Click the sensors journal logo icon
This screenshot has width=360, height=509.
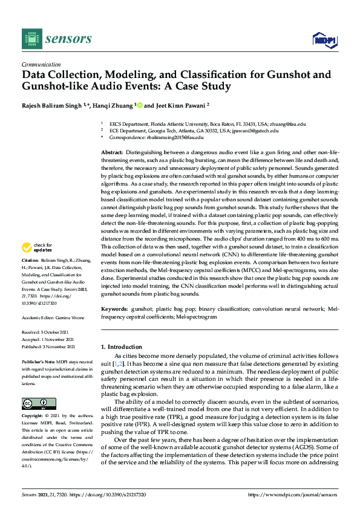30,39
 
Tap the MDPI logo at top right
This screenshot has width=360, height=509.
324,40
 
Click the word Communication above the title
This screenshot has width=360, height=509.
41,64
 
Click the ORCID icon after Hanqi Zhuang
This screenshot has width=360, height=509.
140,105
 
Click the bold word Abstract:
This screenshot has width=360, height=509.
111,152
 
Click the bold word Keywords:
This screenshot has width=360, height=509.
114,308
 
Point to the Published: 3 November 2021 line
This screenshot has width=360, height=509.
48,346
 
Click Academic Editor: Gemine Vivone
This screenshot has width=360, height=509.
51,317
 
